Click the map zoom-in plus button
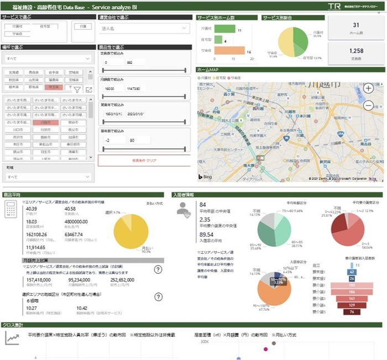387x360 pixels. click(368, 87)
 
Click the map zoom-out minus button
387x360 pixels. click(368, 105)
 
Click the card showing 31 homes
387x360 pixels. click(356, 28)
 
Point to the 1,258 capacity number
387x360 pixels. click(357, 51)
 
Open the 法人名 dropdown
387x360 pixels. click(144, 28)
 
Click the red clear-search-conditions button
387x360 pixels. click(144, 160)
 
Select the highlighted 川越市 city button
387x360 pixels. click(46, 122)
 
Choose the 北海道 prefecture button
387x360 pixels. click(14, 72)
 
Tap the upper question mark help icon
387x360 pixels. click(158, 269)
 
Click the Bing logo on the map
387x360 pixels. click(205, 176)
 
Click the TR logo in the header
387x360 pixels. click(334, 6)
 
